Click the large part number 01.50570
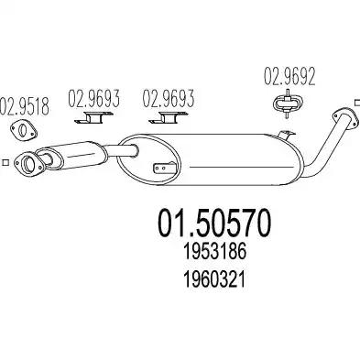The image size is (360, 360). click(x=214, y=223)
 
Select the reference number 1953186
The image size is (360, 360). click(x=214, y=252)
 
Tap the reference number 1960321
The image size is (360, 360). click(x=214, y=280)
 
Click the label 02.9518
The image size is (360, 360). click(x=25, y=106)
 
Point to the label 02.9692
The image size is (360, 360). click(x=289, y=77)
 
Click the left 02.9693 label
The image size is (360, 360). click(x=93, y=98)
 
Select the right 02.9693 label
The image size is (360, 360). click(x=169, y=98)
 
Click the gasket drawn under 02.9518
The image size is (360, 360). click(x=24, y=130)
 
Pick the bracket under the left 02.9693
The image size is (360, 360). click(x=93, y=118)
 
